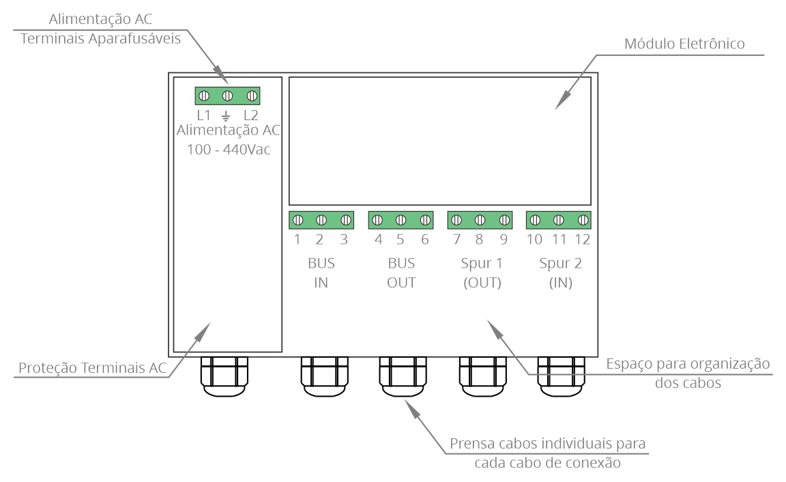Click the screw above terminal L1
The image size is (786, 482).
[x=204, y=96]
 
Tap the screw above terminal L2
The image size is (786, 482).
[x=252, y=96]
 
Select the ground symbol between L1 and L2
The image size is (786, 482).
[x=226, y=116]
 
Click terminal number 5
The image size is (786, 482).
[x=400, y=240]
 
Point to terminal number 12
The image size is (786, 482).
[x=582, y=240]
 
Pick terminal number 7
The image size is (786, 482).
[x=456, y=240]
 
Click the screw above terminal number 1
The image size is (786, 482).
[x=297, y=220]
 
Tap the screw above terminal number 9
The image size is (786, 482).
[x=504, y=220]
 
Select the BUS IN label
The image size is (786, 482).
[x=321, y=273]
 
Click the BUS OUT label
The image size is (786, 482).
[x=401, y=273]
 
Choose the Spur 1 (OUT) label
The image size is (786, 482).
[x=482, y=273]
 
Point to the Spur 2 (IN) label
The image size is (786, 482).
[x=560, y=273]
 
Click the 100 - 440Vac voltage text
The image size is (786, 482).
[x=229, y=150]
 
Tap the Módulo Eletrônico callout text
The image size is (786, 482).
[x=684, y=44]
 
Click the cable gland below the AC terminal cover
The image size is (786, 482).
[x=224, y=376]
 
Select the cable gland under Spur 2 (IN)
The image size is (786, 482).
[x=561, y=376]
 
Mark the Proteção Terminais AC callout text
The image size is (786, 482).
[x=92, y=367]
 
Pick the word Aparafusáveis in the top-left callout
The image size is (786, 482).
[x=134, y=39]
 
